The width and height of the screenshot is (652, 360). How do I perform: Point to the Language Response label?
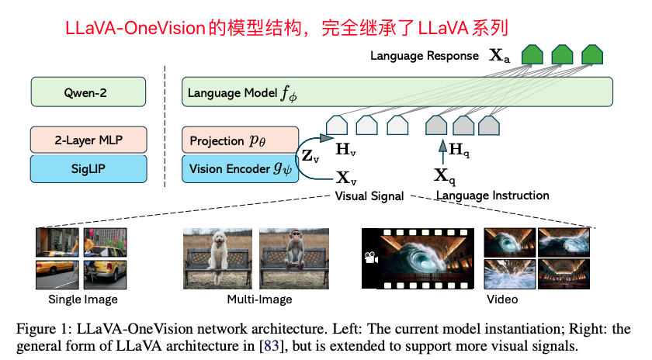pos(423,56)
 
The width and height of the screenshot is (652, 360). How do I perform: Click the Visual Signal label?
pos(369,196)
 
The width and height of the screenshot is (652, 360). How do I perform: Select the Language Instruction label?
pos(493,196)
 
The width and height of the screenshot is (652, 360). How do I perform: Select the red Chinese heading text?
pos(287,29)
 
